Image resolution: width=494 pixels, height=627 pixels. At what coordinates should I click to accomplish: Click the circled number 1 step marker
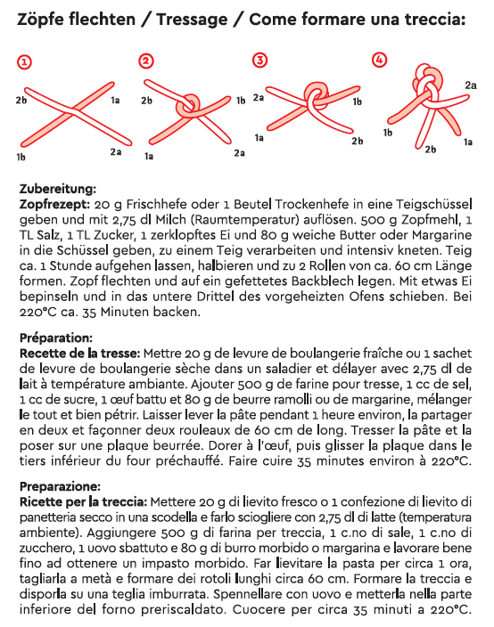[25, 61]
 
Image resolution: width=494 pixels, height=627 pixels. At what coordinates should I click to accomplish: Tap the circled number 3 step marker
[259, 61]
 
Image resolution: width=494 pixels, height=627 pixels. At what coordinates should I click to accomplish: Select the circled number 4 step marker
[380, 61]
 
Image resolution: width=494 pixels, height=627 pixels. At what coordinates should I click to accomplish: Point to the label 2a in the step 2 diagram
[239, 153]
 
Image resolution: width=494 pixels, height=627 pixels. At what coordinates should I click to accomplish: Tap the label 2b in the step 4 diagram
[430, 149]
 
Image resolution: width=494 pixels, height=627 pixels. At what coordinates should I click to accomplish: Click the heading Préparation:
[55, 338]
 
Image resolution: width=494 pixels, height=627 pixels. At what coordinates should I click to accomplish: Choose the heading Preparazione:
[61, 487]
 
